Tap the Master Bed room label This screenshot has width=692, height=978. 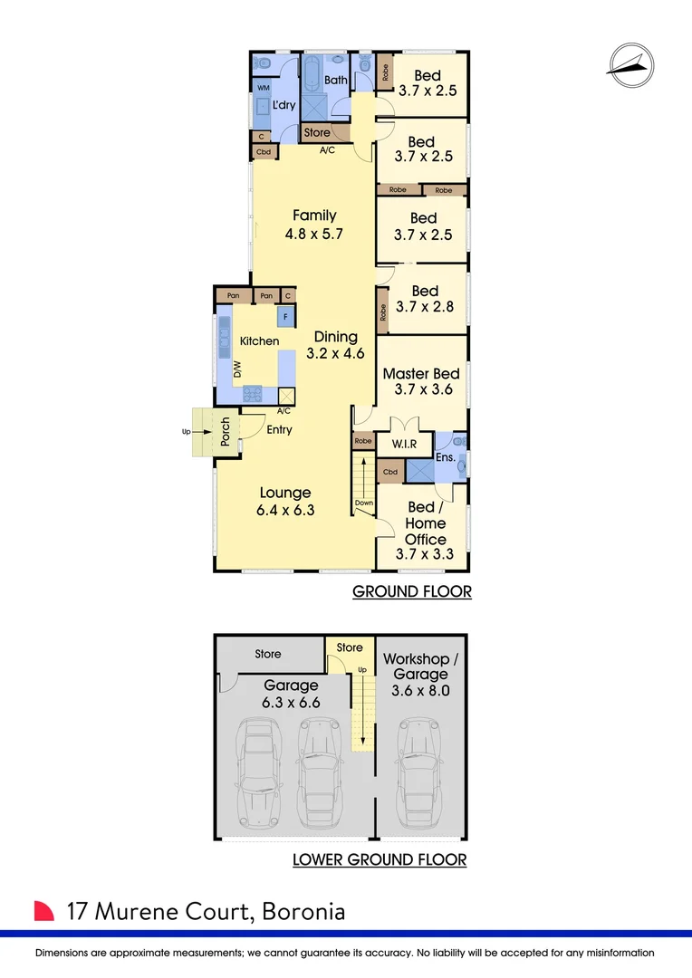coord(421,373)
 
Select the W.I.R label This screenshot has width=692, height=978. coord(404,446)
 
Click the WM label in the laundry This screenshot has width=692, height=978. coord(264,88)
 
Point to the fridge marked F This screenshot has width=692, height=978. coord(286,317)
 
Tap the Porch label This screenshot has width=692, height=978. coord(226,430)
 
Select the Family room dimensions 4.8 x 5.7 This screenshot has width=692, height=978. coord(314,233)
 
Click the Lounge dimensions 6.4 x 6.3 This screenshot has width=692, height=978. coord(285,511)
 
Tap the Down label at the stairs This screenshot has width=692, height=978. coord(364,503)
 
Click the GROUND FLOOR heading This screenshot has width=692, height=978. coord(412,592)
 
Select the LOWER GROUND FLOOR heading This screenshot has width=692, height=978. coord(380,859)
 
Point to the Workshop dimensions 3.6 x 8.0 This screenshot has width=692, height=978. coord(421,691)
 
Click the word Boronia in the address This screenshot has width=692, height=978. coord(303,910)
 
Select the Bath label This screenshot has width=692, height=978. coord(336,81)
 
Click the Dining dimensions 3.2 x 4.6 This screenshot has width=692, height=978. coord(336,353)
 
